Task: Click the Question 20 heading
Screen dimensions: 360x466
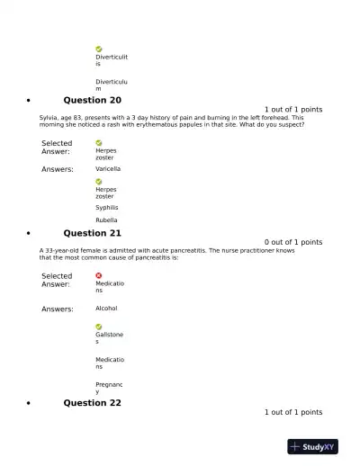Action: pos(92,100)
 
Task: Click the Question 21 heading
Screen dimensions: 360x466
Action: pos(92,233)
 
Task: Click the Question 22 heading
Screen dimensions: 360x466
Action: pos(92,403)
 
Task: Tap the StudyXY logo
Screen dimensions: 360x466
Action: pos(312,446)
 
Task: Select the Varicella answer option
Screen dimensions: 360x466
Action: pos(108,169)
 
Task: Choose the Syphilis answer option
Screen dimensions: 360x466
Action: pos(107,208)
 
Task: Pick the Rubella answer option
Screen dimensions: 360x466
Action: pos(106,220)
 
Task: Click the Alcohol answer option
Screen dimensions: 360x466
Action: pos(106,309)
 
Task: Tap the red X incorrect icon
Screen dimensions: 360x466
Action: pos(99,275)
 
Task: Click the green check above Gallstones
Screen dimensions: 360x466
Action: pos(99,327)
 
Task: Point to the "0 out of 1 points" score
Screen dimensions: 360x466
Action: pos(293,242)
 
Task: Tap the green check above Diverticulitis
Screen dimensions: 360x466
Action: pos(99,49)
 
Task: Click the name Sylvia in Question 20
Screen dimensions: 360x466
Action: pos(50,118)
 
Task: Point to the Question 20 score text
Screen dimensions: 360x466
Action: pos(293,110)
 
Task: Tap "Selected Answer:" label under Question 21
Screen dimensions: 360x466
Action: pos(57,280)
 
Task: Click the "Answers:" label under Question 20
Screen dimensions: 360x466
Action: pos(58,169)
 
